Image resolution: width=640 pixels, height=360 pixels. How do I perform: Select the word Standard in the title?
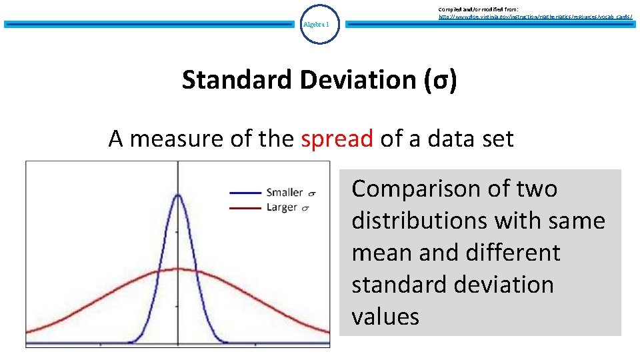coord(237,80)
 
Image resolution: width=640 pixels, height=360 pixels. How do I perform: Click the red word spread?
coord(337,139)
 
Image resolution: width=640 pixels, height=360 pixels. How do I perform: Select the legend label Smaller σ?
coord(291,193)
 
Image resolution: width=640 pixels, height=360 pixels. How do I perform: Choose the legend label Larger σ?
coord(288,207)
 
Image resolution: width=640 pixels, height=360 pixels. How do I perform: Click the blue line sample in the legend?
coord(245,193)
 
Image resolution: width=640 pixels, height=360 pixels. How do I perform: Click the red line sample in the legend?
coord(245,207)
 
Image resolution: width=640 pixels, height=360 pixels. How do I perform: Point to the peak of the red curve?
coord(177,269)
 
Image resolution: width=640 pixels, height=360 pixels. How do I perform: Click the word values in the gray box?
coord(385,317)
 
